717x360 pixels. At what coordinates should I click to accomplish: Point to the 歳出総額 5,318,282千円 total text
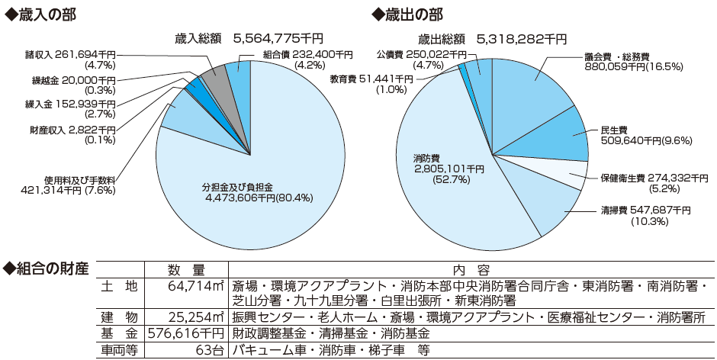coord(492,38)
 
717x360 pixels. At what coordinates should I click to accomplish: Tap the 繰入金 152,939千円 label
coord(69,108)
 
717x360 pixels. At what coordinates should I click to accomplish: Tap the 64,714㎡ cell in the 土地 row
coord(195,287)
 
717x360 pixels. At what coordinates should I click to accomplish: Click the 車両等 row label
coord(119,351)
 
